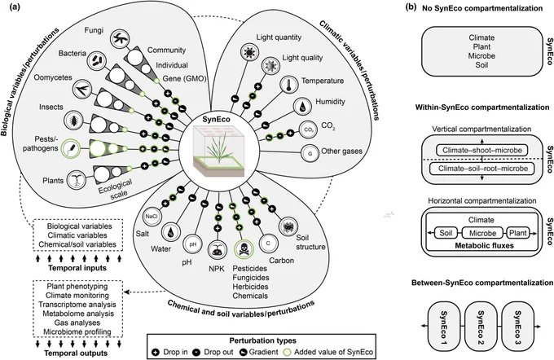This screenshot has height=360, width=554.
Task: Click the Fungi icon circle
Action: (121, 39)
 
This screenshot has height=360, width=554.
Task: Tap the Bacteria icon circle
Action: (96, 60)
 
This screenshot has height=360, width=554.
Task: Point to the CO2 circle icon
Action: (309, 130)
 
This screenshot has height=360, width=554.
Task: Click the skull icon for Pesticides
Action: (244, 249)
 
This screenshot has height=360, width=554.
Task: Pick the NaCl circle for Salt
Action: (152, 216)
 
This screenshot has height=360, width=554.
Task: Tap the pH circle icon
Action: (193, 244)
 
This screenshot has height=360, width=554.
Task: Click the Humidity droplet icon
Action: (304, 107)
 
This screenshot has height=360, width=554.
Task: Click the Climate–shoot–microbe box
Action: (482, 150)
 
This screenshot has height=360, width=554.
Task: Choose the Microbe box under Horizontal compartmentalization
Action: (482, 233)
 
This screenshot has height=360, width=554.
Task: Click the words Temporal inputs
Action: (77, 268)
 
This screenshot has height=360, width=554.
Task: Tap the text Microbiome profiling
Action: (77, 332)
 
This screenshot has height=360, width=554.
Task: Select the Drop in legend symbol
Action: (156, 352)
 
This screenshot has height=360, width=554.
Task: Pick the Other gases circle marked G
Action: (310, 153)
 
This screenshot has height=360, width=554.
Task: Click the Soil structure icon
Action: (288, 226)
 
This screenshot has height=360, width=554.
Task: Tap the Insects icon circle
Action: (73, 120)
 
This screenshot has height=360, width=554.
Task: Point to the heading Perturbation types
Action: (263, 340)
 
